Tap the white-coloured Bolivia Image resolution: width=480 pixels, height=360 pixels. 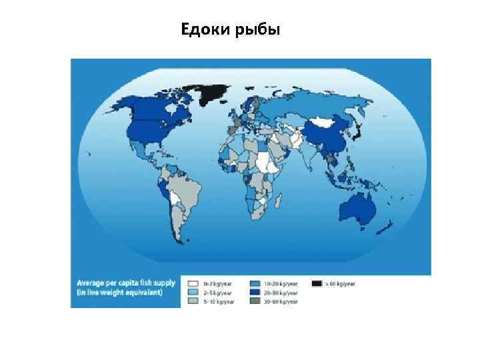pyautogui.click(x=175, y=198)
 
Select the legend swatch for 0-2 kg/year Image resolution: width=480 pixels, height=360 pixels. pyautogui.click(x=193, y=283)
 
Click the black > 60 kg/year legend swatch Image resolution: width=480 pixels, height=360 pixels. pyautogui.click(x=319, y=283)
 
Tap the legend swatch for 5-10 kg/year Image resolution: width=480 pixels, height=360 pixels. pyautogui.click(x=193, y=301)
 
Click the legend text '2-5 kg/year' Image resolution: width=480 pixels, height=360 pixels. pyautogui.click(x=217, y=293)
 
